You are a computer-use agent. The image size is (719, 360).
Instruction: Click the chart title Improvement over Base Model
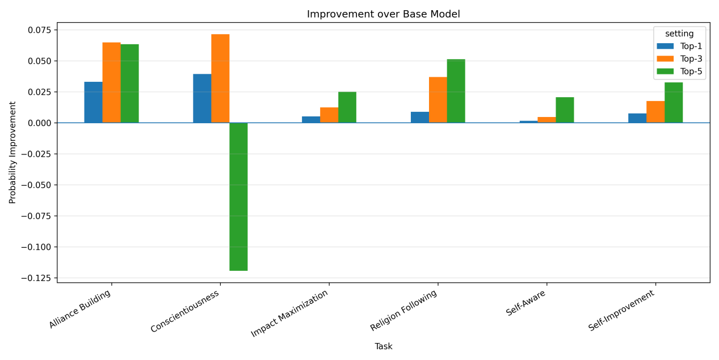point(383,14)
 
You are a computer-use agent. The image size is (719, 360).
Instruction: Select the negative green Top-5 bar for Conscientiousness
point(238,196)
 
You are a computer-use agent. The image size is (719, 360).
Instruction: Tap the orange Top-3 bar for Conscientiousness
point(220,78)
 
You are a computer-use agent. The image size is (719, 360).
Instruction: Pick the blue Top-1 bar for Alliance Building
point(94,102)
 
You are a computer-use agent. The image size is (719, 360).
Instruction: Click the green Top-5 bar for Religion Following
point(456,91)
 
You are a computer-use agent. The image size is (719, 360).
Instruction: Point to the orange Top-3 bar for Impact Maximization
point(329,115)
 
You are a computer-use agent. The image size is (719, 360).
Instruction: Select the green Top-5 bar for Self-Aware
point(565,110)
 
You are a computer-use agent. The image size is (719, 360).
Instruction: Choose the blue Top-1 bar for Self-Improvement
point(637,118)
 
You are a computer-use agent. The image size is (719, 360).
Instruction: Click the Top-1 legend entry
point(679,46)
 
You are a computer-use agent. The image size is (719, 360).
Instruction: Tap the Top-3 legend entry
point(679,58)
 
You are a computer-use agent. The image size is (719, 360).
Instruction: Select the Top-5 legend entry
point(679,72)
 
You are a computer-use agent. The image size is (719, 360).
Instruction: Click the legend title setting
point(679,34)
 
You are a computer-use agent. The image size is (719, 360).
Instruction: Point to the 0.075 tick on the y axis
point(40,30)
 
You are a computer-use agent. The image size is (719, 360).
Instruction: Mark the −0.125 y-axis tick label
point(36,278)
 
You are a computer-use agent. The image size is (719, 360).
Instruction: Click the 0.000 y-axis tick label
point(40,123)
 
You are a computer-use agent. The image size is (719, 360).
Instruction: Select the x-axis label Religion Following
point(403,310)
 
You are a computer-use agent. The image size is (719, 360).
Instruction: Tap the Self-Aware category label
point(525,303)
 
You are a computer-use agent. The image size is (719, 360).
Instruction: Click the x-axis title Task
point(383,346)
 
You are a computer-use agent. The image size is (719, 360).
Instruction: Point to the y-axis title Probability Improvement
point(12,153)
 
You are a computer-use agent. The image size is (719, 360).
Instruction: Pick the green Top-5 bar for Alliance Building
point(130,83)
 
